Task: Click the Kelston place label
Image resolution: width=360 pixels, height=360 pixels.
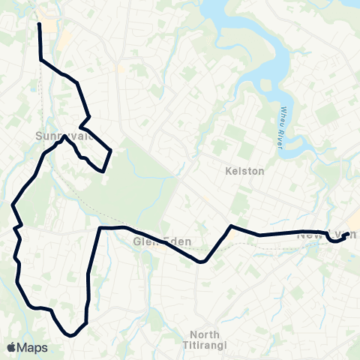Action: pos(245,171)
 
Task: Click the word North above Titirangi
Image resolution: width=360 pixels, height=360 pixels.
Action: pos(205,334)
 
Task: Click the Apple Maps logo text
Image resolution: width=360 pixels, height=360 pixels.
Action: pos(27,347)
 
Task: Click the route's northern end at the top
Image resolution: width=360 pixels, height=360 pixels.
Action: pos(39,24)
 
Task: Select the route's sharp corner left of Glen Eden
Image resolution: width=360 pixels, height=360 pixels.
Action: pos(100,227)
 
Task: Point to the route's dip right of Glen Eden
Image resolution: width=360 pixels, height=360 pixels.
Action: pos(202,262)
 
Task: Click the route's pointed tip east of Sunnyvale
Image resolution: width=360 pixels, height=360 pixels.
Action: pos(112,151)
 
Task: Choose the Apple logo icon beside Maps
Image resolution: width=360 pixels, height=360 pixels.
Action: pos(11,347)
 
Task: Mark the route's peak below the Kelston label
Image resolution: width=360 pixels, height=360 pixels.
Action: pos(231,226)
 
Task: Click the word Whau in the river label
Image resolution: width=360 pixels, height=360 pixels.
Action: pos(284,112)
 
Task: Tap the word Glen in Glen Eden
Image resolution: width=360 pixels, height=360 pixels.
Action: pos(146,242)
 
